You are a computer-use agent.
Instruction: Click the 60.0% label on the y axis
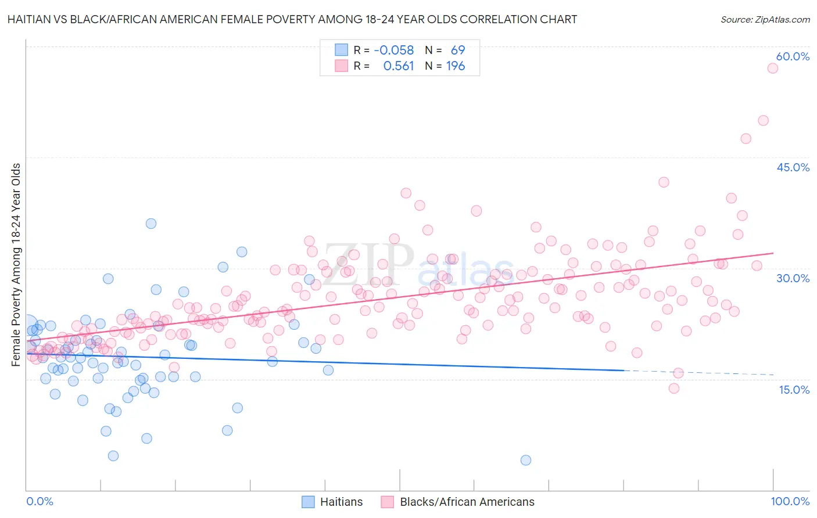pyautogui.click(x=793, y=56)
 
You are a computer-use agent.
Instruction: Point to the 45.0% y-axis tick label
pyautogui.click(x=793, y=167)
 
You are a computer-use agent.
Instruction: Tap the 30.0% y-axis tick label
pyautogui.click(x=793, y=278)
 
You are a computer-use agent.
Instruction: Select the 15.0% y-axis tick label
pyautogui.click(x=794, y=390)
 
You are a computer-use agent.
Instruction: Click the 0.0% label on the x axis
pyautogui.click(x=40, y=501)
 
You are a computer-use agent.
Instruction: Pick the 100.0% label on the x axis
pyautogui.click(x=790, y=501)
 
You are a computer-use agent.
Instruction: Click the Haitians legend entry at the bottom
pyautogui.click(x=341, y=502)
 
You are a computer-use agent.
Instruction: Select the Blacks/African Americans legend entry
pyautogui.click(x=467, y=502)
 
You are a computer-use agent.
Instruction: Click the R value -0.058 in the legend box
pyautogui.click(x=393, y=51)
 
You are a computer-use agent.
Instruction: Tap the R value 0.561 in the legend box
pyautogui.click(x=398, y=66)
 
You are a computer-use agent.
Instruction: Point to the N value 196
pyautogui.click(x=455, y=66)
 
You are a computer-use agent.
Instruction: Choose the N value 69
pyautogui.click(x=457, y=51)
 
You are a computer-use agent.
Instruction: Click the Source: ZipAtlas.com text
pyautogui.click(x=765, y=19)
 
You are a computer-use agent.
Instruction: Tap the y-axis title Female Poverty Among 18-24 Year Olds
pyautogui.click(x=16, y=265)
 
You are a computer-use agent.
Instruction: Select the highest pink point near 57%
pyautogui.click(x=772, y=68)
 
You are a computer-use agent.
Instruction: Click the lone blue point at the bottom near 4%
pyautogui.click(x=526, y=460)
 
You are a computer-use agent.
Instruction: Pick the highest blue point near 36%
pyautogui.click(x=151, y=224)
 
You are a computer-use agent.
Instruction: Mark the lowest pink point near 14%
pyautogui.click(x=674, y=388)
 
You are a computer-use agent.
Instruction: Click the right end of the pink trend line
pyautogui.click(x=773, y=253)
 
